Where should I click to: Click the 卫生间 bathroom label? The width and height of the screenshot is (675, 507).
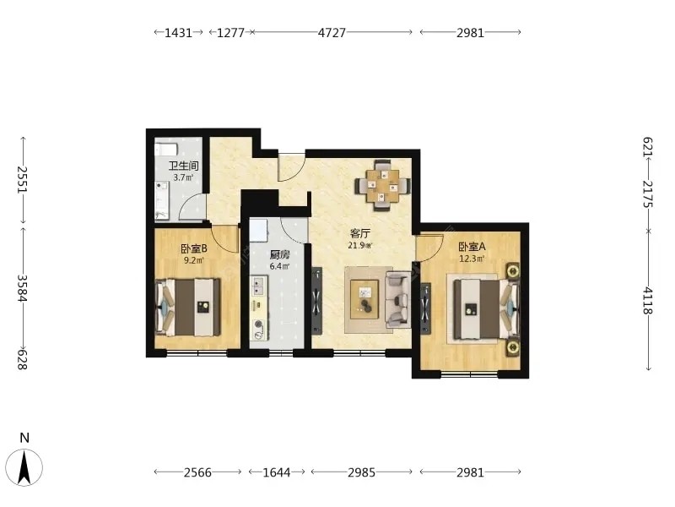click(183, 166)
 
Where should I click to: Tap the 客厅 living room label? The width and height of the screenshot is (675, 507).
click(360, 234)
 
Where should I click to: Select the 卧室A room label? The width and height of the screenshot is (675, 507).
click(472, 247)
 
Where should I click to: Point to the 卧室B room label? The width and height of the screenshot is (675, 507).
click(194, 248)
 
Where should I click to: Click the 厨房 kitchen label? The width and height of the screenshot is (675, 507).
click(279, 255)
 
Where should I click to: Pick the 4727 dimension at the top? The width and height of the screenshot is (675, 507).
click(332, 33)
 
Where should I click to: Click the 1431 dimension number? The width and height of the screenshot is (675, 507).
click(178, 33)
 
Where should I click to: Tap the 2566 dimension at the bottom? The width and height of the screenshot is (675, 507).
click(197, 472)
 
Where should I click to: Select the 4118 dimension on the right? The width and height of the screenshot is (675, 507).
click(648, 301)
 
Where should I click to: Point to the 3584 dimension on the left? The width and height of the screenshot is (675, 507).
click(23, 289)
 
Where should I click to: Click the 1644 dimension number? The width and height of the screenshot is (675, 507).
click(277, 472)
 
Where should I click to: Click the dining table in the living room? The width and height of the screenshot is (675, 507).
click(382, 185)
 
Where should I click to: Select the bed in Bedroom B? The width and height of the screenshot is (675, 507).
click(187, 307)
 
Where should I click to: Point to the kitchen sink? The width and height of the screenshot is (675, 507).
click(259, 286)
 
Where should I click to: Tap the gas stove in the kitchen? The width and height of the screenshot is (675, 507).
click(259, 329)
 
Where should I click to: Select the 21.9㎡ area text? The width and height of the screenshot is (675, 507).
click(360, 246)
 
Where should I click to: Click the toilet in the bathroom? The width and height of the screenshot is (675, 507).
click(165, 150)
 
